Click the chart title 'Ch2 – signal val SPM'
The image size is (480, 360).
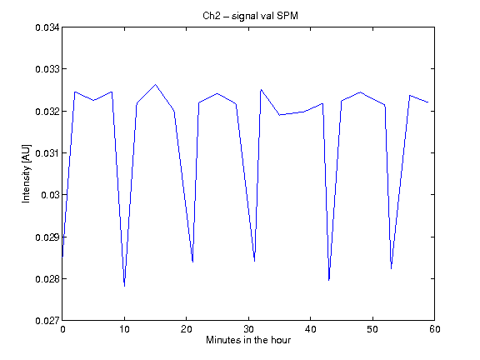pyautogui.click(x=250, y=16)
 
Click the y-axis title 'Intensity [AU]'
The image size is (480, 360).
pyautogui.click(x=27, y=173)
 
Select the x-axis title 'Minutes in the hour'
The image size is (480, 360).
pyautogui.click(x=248, y=340)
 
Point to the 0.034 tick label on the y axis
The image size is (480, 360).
pyautogui.click(x=47, y=27)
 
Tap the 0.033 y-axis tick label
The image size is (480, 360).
pyautogui.click(x=47, y=69)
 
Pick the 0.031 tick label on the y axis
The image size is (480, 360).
pyautogui.click(x=47, y=153)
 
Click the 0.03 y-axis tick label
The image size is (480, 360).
pyautogui.click(x=50, y=195)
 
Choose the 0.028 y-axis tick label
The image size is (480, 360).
pyautogui.click(x=47, y=279)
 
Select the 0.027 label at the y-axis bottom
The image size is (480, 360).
pyautogui.click(x=47, y=321)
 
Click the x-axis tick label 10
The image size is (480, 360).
pyautogui.click(x=124, y=329)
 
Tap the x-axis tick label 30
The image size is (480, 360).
pyautogui.click(x=248, y=329)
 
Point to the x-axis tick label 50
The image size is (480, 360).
pyautogui.click(x=372, y=329)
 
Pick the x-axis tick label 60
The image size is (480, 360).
pyautogui.click(x=435, y=329)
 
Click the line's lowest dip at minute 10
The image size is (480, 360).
pyautogui.click(x=125, y=286)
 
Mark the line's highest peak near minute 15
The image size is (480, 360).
pyautogui.click(x=156, y=84)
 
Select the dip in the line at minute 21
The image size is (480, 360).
pyautogui.click(x=192, y=262)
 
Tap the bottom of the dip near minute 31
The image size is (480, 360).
pyautogui.click(x=255, y=261)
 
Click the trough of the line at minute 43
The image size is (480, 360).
pyautogui.click(x=329, y=280)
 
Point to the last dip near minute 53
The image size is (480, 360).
pyautogui.click(x=391, y=269)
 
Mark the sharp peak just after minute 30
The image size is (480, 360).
pyautogui.click(x=261, y=90)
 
